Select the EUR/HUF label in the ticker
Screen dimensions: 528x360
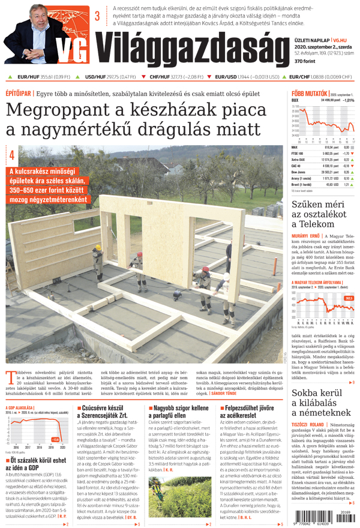click(x=28, y=77)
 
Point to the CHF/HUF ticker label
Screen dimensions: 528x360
click(x=159, y=77)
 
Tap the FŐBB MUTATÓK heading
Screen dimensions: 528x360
click(x=308, y=94)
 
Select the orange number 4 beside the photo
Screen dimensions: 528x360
click(x=11, y=155)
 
